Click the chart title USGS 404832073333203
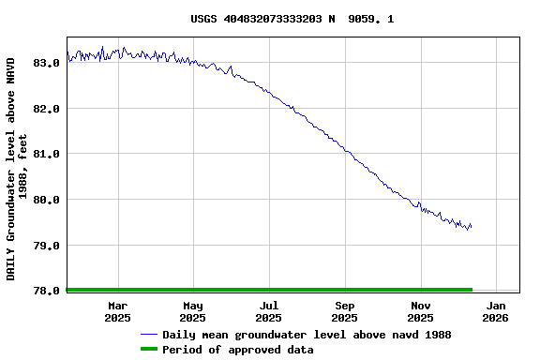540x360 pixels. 292,19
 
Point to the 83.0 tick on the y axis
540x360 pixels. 47,63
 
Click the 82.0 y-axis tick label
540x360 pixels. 47,109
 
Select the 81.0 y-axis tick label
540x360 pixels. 47,154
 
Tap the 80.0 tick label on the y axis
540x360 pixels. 47,200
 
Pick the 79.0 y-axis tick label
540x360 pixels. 47,246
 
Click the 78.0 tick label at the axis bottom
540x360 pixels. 47,291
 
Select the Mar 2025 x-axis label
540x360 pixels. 117,311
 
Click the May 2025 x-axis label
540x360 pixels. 192,311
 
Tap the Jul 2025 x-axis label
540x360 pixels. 269,311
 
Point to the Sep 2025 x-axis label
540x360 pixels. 345,311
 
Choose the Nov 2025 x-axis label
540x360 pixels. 421,311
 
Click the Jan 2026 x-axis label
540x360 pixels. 497,311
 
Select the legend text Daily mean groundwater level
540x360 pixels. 307,335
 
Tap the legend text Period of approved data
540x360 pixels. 238,350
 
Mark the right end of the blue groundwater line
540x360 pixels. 471,226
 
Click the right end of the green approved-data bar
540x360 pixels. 472,290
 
